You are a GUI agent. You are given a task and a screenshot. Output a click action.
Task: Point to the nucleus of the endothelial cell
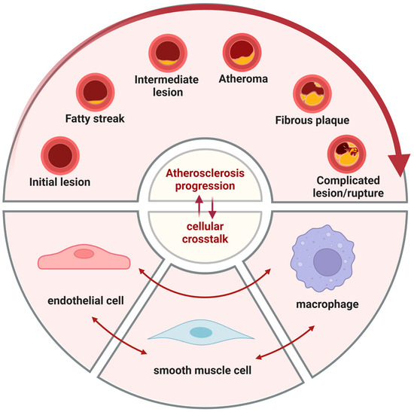tap(84, 254)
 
